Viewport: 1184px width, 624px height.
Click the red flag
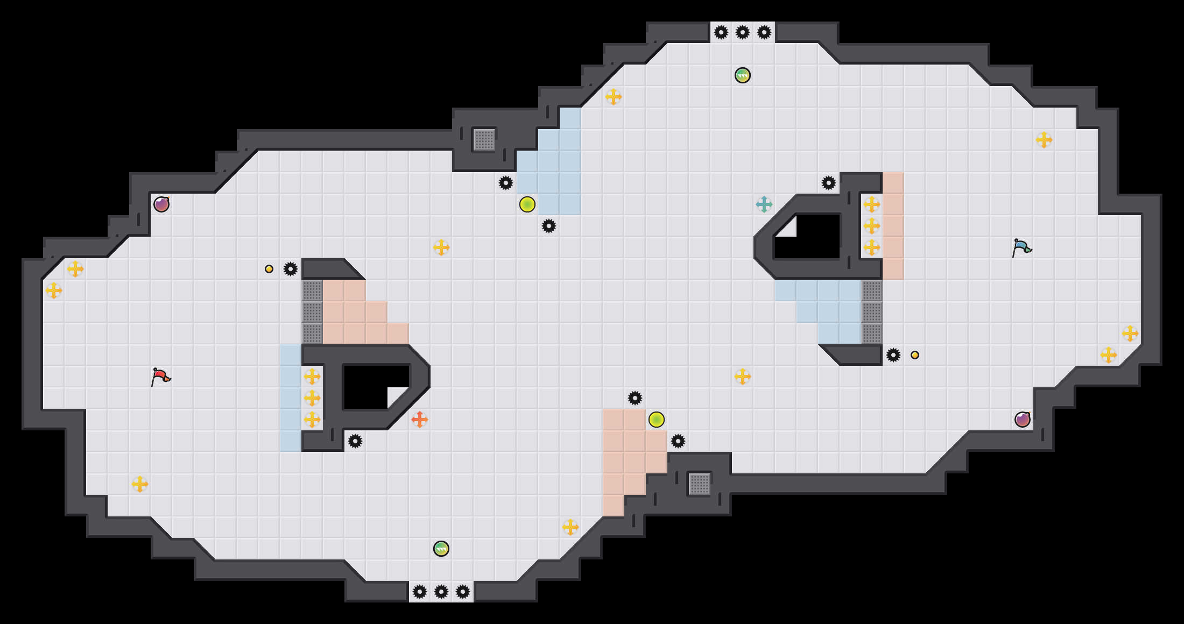[x=160, y=377]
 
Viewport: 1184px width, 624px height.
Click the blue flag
[x=1021, y=247]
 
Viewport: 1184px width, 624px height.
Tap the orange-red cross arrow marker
[x=419, y=420]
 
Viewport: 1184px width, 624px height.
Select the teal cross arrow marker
[x=764, y=204]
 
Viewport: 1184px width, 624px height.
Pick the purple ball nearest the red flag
[x=161, y=204]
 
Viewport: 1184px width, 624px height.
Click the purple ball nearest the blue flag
[x=1023, y=420]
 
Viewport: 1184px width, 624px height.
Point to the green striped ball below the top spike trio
[x=743, y=75]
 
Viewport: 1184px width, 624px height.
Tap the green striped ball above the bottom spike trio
[x=441, y=549]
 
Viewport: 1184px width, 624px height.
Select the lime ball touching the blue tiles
[x=527, y=204]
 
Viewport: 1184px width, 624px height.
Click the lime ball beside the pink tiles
[x=657, y=420]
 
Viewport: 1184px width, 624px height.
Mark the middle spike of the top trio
[x=743, y=32]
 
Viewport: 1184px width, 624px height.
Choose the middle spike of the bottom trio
[x=441, y=592]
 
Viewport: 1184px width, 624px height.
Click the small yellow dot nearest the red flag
[x=269, y=269]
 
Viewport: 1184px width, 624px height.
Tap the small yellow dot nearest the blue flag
[x=915, y=355]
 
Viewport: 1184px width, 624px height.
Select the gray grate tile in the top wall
[x=484, y=140]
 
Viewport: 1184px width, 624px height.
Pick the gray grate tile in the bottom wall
[x=700, y=484]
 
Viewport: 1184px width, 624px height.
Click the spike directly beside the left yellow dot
[x=291, y=269]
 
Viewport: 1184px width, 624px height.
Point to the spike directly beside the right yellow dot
[x=893, y=355]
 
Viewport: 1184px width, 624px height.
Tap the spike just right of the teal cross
[x=829, y=183]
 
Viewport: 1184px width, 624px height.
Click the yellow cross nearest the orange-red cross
[x=312, y=420]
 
